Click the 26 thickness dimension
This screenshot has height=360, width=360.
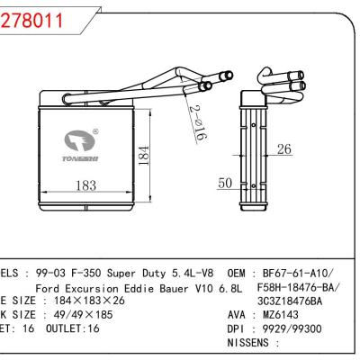coord(283,149)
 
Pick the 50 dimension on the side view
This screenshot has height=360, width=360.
coord(224,184)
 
